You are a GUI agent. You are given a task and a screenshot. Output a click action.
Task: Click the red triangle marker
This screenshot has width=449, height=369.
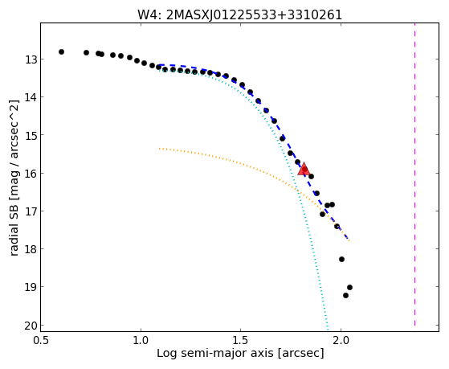(304, 169)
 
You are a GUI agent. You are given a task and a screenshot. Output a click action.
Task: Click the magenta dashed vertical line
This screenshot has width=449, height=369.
(414, 174)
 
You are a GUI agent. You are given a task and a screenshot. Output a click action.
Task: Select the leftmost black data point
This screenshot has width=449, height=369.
(61, 52)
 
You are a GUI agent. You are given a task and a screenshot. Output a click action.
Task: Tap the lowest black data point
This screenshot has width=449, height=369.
(345, 295)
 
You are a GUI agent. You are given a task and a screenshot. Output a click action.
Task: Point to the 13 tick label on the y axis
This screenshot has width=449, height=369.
(29, 59)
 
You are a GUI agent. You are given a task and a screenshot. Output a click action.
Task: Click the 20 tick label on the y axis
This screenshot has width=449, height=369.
(29, 326)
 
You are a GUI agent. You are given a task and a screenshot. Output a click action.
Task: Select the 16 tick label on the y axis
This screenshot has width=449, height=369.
(29, 174)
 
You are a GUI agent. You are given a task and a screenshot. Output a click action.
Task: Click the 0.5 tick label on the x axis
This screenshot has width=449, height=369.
(41, 340)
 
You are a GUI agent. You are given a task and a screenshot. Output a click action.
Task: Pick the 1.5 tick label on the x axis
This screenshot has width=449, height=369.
(240, 340)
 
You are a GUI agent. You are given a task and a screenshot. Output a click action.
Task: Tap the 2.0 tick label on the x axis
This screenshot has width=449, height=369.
(341, 340)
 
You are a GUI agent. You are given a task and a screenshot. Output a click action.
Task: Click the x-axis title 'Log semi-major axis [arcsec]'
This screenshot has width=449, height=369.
(240, 353)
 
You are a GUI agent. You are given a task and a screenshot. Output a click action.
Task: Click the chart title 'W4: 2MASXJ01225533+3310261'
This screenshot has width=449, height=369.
(239, 14)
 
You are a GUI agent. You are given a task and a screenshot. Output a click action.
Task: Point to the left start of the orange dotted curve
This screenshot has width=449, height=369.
(160, 149)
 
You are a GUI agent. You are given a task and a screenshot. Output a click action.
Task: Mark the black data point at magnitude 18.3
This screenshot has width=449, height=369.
(341, 259)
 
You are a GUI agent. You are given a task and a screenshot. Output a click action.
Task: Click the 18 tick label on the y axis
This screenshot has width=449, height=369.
(29, 249)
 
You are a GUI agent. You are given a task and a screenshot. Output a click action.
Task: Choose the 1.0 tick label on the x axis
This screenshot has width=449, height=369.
(141, 340)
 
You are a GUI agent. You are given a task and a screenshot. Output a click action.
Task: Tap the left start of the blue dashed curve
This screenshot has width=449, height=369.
(160, 65)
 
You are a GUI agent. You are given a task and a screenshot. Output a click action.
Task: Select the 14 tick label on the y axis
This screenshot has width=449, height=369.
(29, 97)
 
